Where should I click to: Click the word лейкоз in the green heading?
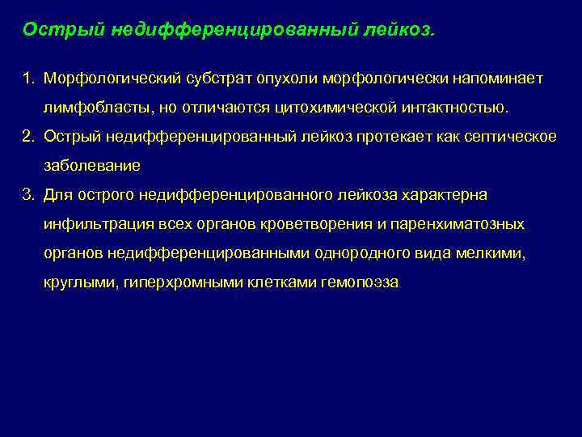400,30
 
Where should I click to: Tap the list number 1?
27,78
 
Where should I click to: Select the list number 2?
27,136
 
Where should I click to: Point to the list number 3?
27,195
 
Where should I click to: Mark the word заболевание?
92,165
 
